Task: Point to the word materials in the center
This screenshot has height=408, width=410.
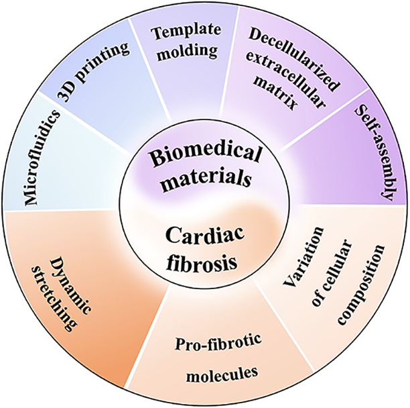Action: (204, 179)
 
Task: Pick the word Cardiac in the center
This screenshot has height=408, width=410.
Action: (204, 237)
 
